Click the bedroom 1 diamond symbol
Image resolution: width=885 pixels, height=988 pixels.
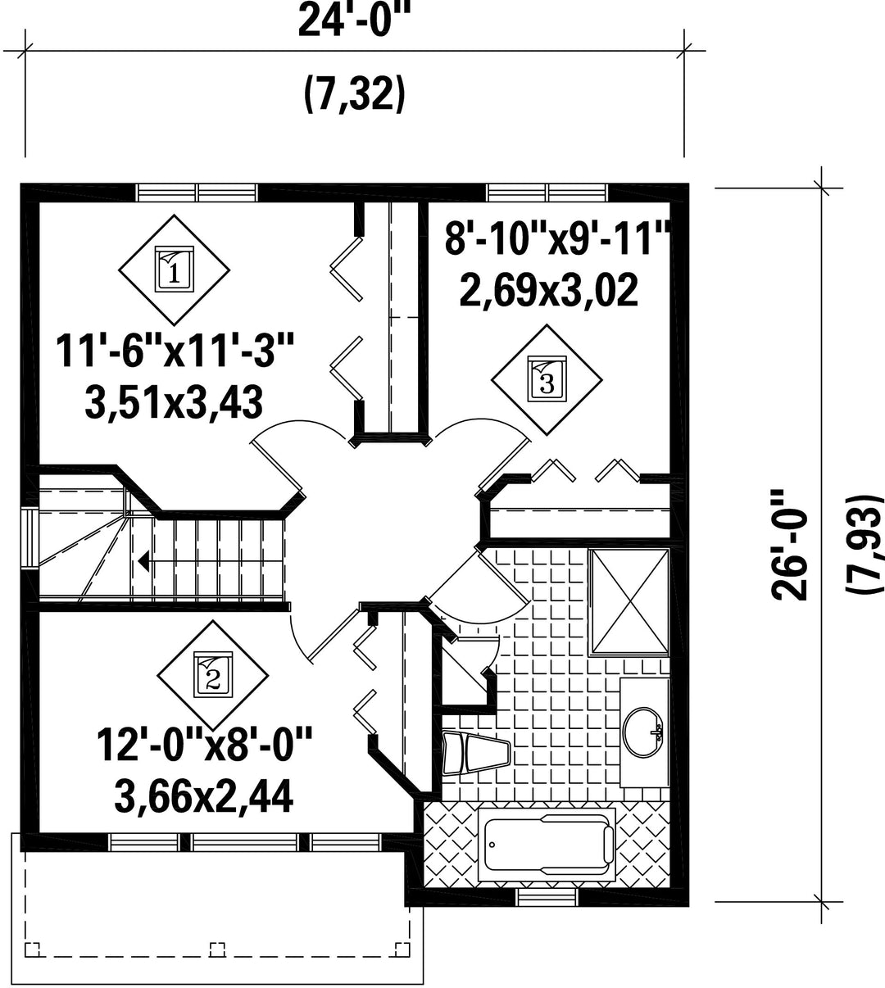pyautogui.click(x=175, y=270)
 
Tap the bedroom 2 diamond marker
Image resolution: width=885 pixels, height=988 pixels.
pyautogui.click(x=213, y=675)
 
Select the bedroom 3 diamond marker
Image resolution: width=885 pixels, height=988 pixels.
pyautogui.click(x=547, y=379)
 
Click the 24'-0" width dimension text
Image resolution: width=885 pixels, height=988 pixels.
pyautogui.click(x=355, y=20)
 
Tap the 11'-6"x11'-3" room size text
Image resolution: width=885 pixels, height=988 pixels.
pyautogui.click(x=175, y=350)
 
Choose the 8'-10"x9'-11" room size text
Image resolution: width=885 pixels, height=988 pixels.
pyautogui.click(x=556, y=239)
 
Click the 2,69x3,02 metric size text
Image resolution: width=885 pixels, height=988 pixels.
pyautogui.click(x=549, y=291)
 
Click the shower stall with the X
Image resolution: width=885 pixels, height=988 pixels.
pyautogui.click(x=629, y=602)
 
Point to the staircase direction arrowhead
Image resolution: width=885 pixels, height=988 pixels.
pyautogui.click(x=143, y=561)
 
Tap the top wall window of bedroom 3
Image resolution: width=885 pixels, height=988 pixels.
pyautogui.click(x=548, y=193)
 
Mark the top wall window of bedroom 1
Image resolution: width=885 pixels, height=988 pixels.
pyautogui.click(x=197, y=193)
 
